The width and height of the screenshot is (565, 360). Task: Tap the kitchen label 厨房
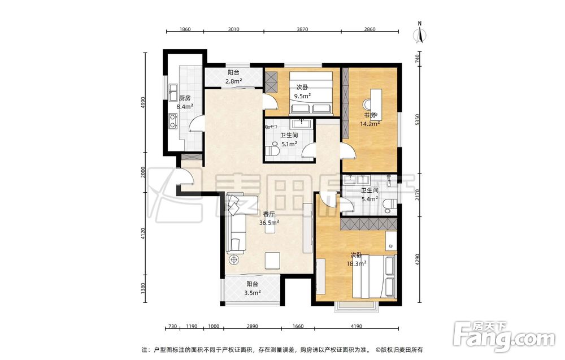pos(185,98)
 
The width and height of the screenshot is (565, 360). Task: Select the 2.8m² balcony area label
pos(233,81)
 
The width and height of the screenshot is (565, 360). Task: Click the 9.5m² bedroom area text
pos(302,96)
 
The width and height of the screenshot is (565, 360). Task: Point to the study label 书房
pos(370,115)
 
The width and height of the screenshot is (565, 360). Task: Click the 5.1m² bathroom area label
pos(289,144)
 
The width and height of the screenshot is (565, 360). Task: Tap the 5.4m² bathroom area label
pos(370,198)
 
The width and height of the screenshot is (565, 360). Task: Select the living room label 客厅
pos(269,214)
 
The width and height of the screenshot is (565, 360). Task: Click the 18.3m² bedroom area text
pos(357,263)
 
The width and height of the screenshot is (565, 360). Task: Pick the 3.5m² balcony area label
pos(252,293)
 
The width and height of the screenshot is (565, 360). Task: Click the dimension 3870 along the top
pos(302,29)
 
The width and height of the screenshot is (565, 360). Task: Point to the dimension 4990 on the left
pos(143,103)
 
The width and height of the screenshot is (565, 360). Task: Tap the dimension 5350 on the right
pos(418,120)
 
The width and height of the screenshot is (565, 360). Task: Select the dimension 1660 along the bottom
pos(298,327)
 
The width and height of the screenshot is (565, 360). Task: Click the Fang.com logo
pos(504,336)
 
